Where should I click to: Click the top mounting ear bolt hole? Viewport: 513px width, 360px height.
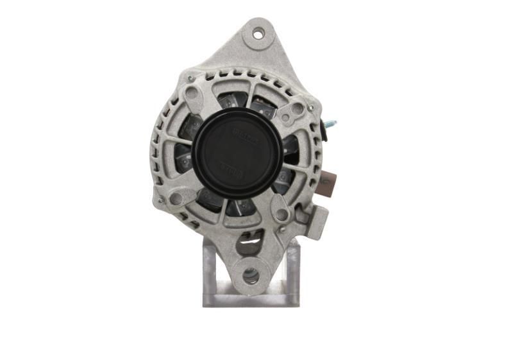coord(258,34)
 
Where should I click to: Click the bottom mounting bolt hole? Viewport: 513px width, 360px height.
coord(251,276)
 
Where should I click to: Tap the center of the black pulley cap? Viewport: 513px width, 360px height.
coord(238,154)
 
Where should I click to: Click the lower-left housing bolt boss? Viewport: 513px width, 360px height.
coord(176,198)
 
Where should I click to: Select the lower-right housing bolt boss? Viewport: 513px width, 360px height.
coord(281,213)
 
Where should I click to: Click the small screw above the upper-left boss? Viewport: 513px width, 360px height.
coord(190,78)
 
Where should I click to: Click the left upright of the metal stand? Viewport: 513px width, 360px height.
coord(209,270)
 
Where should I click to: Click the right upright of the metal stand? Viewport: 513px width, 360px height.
coord(292,270)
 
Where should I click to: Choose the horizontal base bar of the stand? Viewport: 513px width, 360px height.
coord(250,299)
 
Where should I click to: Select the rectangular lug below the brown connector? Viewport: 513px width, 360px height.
coord(319,221)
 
